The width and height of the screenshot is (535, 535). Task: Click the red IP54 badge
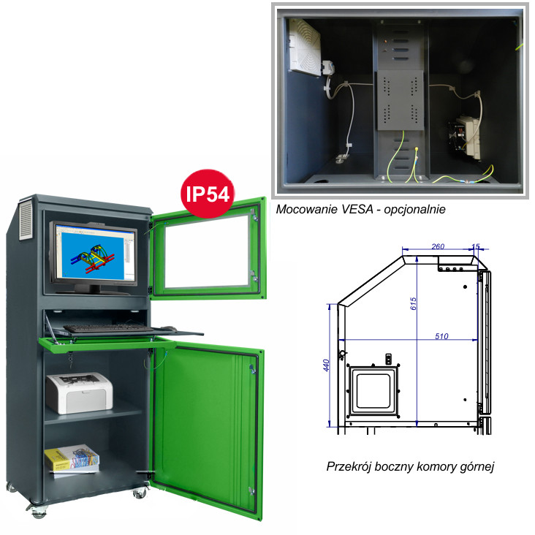(x=208, y=194)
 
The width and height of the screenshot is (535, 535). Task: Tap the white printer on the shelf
(x=79, y=392)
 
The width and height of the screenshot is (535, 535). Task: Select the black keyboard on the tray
(x=108, y=329)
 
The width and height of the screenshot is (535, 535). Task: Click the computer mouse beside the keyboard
(x=168, y=329)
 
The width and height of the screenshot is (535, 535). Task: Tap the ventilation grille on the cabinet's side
(x=26, y=221)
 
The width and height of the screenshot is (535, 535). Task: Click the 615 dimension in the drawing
(x=413, y=303)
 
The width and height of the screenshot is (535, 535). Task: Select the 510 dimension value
(x=441, y=336)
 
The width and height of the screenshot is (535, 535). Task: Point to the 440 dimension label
(x=326, y=365)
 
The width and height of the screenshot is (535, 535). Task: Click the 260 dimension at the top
(x=438, y=246)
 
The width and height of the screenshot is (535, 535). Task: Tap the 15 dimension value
(x=476, y=246)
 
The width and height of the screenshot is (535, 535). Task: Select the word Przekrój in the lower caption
(x=348, y=466)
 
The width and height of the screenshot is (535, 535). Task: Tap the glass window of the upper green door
(x=207, y=251)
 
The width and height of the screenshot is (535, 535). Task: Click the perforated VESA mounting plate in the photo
(x=401, y=100)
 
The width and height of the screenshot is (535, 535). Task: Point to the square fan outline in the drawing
(x=373, y=390)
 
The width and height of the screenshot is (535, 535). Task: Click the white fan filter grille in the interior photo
(x=305, y=47)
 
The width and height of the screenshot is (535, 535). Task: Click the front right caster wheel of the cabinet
(x=140, y=493)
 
